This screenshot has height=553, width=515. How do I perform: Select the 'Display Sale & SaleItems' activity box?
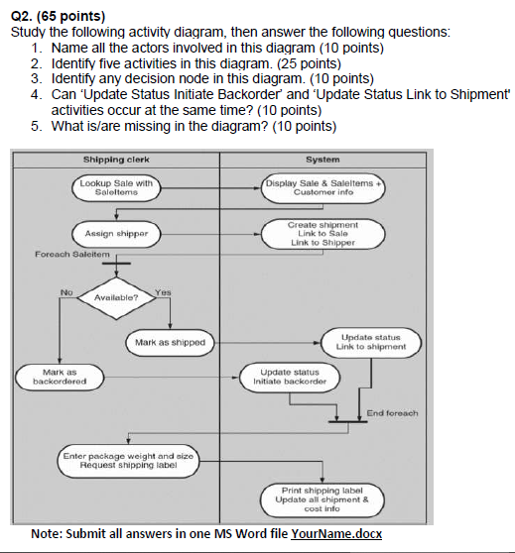(323, 187)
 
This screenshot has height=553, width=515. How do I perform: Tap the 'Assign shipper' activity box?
(116, 233)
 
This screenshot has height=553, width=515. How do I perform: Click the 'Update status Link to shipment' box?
(372, 342)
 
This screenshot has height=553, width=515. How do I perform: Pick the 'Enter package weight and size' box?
(129, 459)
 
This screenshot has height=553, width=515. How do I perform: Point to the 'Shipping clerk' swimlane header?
(116, 159)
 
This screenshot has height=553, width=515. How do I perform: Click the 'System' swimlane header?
(323, 159)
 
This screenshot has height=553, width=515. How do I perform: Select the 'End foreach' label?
(392, 412)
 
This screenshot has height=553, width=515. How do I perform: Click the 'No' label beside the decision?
(66, 291)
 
